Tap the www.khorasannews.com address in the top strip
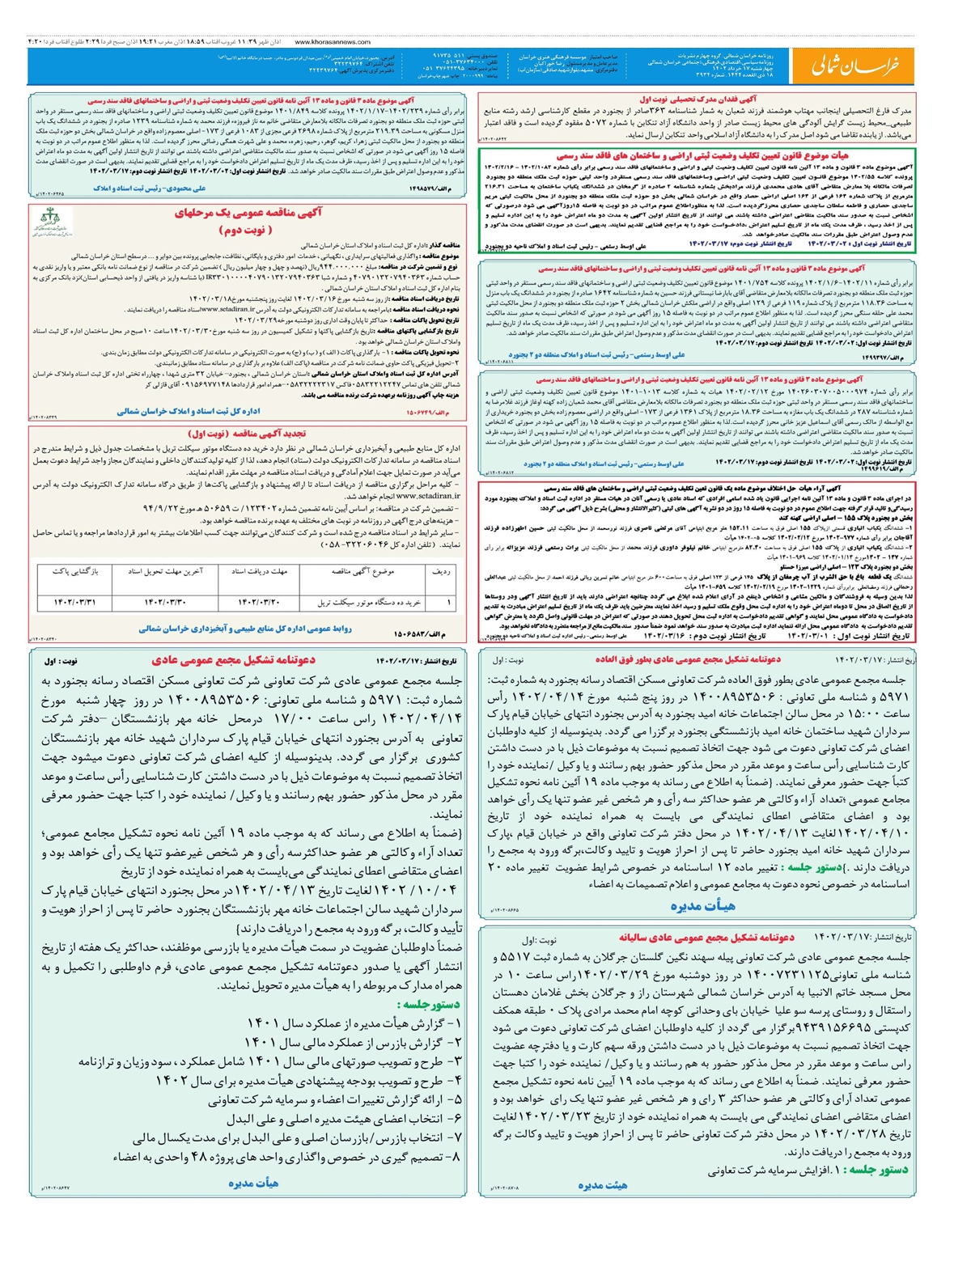[x=333, y=41]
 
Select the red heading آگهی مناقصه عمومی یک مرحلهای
[x=248, y=214]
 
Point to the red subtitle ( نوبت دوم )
[x=248, y=230]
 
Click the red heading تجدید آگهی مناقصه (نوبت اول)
[x=247, y=434]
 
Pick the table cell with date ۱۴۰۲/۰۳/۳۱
[x=75, y=603]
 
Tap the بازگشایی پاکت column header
[x=75, y=571]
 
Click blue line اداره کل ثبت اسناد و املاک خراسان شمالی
[x=189, y=412]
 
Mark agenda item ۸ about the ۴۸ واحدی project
[x=286, y=1158]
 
